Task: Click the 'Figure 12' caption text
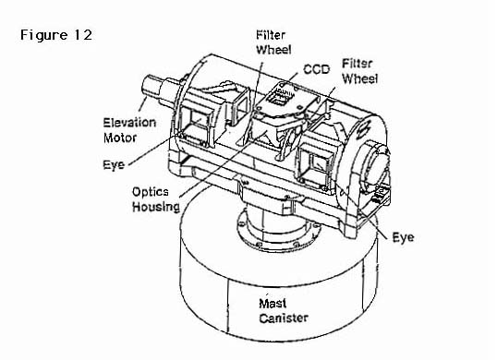point(56,35)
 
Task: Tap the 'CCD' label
point(316,69)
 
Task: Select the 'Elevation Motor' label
point(129,130)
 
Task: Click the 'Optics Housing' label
point(155,199)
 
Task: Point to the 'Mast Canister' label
point(284,310)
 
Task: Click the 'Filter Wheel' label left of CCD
point(273,42)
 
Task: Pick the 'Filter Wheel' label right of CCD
point(359,71)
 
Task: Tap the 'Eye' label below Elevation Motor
point(114,164)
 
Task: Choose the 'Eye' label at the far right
point(403,237)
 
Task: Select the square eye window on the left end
point(197,123)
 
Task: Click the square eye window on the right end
point(316,163)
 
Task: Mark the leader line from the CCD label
point(290,78)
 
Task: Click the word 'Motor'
point(120,138)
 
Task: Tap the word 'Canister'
point(284,318)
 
